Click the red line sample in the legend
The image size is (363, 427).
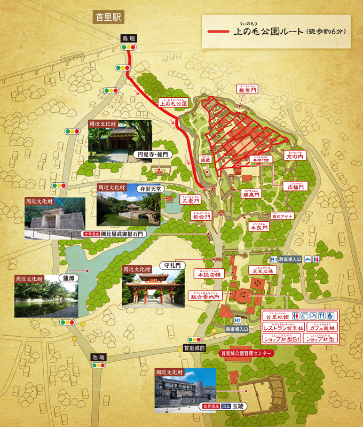pyautogui.click(x=218, y=32)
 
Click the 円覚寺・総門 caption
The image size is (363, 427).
pyautogui.click(x=151, y=155)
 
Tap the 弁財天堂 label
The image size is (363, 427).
pyautogui.click(x=149, y=188)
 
